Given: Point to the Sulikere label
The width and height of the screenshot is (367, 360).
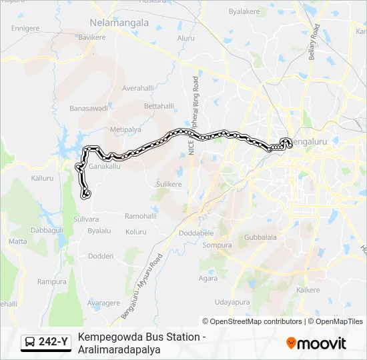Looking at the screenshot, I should pos(168,184).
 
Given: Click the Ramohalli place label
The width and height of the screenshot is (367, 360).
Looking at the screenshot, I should pos(140,216).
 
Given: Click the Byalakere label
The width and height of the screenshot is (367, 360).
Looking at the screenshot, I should pos(244,11).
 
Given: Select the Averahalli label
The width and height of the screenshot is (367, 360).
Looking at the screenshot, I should pos(138,88).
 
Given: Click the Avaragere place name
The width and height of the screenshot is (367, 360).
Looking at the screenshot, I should pos(103,303).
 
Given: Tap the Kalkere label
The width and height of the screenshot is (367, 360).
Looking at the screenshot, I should pos(308,290).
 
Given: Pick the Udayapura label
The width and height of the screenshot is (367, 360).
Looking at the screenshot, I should pos(232,302).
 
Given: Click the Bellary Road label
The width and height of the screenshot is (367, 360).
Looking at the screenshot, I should pos(314,44).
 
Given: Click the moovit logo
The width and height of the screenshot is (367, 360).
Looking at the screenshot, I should pos(316,343).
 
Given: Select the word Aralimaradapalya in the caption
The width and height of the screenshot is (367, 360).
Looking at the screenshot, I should pos(119,349).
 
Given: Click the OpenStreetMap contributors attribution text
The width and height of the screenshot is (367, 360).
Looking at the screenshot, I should pos(257,321).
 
